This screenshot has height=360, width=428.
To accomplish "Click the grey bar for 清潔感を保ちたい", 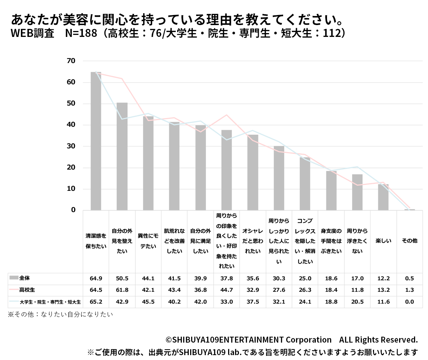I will (96, 141).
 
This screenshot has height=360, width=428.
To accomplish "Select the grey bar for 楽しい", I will (383, 197).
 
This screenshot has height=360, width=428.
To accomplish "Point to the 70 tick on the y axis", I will (71, 61).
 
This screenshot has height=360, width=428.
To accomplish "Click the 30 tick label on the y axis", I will (71, 146).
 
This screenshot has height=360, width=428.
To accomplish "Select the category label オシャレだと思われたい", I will (252, 241).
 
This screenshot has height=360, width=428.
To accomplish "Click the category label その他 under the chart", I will (409, 241).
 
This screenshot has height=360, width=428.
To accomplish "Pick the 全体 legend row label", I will (24, 278).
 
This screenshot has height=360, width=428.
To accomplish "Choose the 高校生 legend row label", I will (27, 290).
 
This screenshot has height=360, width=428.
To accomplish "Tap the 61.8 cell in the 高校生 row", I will (122, 290).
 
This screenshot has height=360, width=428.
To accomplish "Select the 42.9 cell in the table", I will (122, 302).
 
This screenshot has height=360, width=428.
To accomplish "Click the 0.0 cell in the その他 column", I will (409, 302).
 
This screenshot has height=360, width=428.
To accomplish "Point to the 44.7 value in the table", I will (226, 290).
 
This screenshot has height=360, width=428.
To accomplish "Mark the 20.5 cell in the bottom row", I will (357, 302).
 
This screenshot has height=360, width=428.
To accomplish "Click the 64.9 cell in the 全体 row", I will (96, 279).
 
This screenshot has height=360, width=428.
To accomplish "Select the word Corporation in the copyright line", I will (309, 340).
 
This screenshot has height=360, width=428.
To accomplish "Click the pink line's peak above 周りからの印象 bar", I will (227, 115).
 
